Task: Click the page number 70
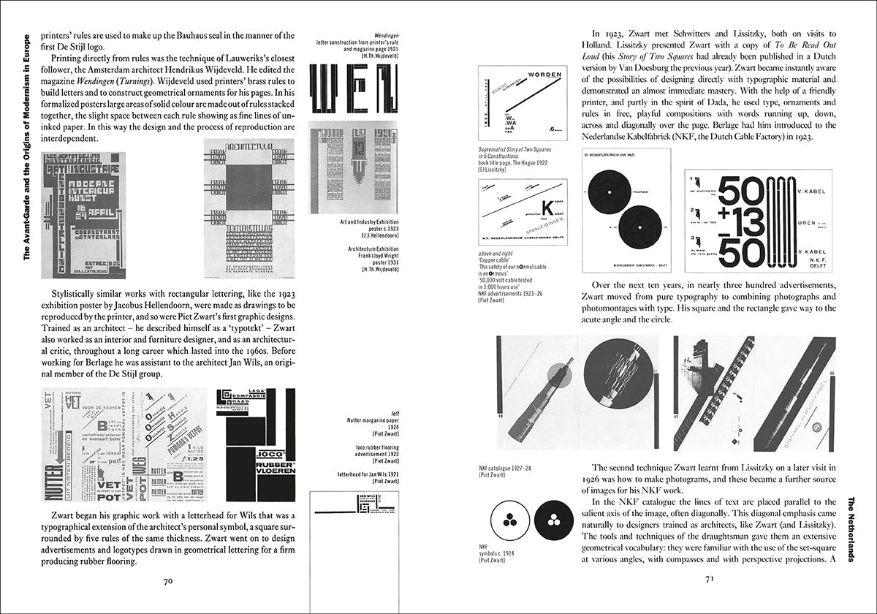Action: (167, 581)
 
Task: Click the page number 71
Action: (708, 581)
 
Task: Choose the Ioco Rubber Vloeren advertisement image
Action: (256, 442)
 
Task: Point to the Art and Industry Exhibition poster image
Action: (83, 215)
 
